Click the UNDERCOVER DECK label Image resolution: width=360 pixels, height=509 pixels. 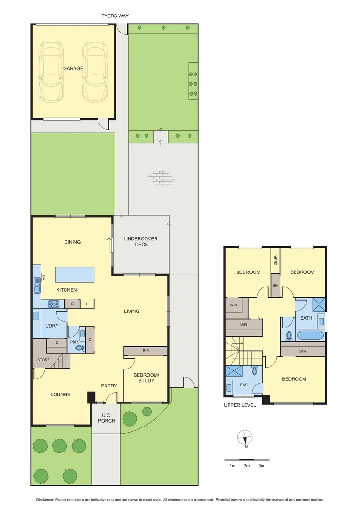coord(141,241)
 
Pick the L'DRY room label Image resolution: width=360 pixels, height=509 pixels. coord(51,326)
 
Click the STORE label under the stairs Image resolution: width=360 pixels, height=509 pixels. coord(43,360)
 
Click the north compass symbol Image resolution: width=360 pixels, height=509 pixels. coord(245,438)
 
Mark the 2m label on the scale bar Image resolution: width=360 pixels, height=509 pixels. coord(246,466)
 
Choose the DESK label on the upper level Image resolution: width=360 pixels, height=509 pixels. coord(275,260)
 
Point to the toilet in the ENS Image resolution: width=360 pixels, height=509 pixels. coord(254,371)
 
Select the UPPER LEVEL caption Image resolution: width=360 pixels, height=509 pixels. coord(240,405)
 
